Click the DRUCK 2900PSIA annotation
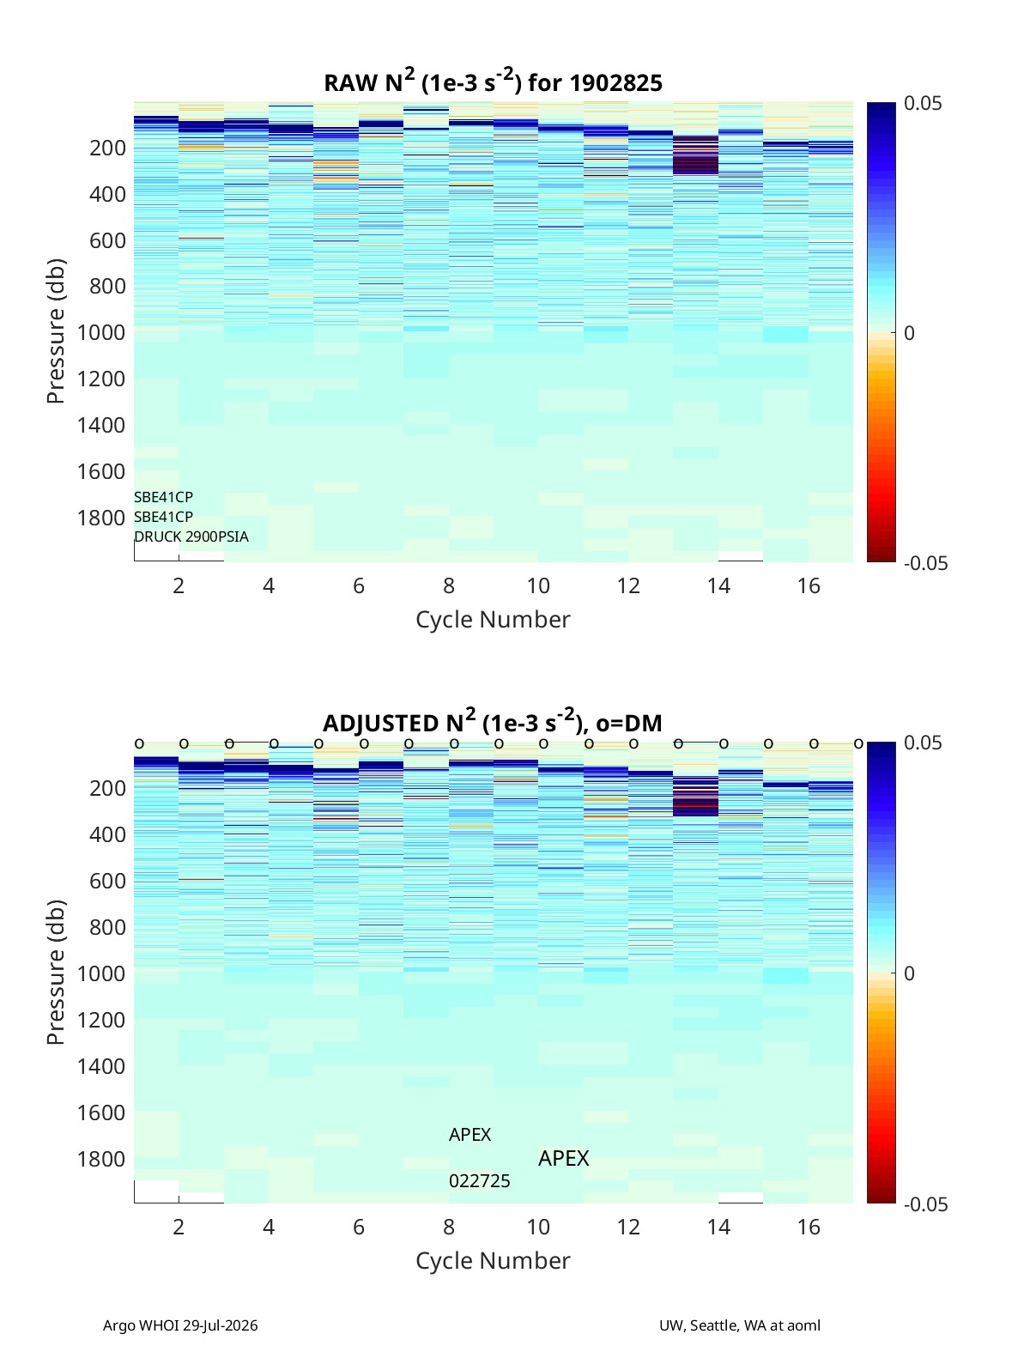pos(191,537)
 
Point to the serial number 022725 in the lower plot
pos(480,1181)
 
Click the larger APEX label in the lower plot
pos(563,1158)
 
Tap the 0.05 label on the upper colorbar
pos(923,104)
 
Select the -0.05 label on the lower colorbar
pos(926,1203)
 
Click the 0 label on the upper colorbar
pos(909,333)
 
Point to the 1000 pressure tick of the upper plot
pos(101,332)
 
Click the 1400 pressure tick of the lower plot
pos(101,1066)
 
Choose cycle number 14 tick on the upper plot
pos(718,585)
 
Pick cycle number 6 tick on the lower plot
pos(358,1227)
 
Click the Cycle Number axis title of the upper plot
pos(493,619)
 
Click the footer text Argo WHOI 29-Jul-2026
pos(180,1325)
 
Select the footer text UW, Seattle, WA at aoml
pos(740,1325)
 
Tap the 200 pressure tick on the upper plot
pos(108,148)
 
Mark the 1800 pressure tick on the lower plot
pos(101,1159)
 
